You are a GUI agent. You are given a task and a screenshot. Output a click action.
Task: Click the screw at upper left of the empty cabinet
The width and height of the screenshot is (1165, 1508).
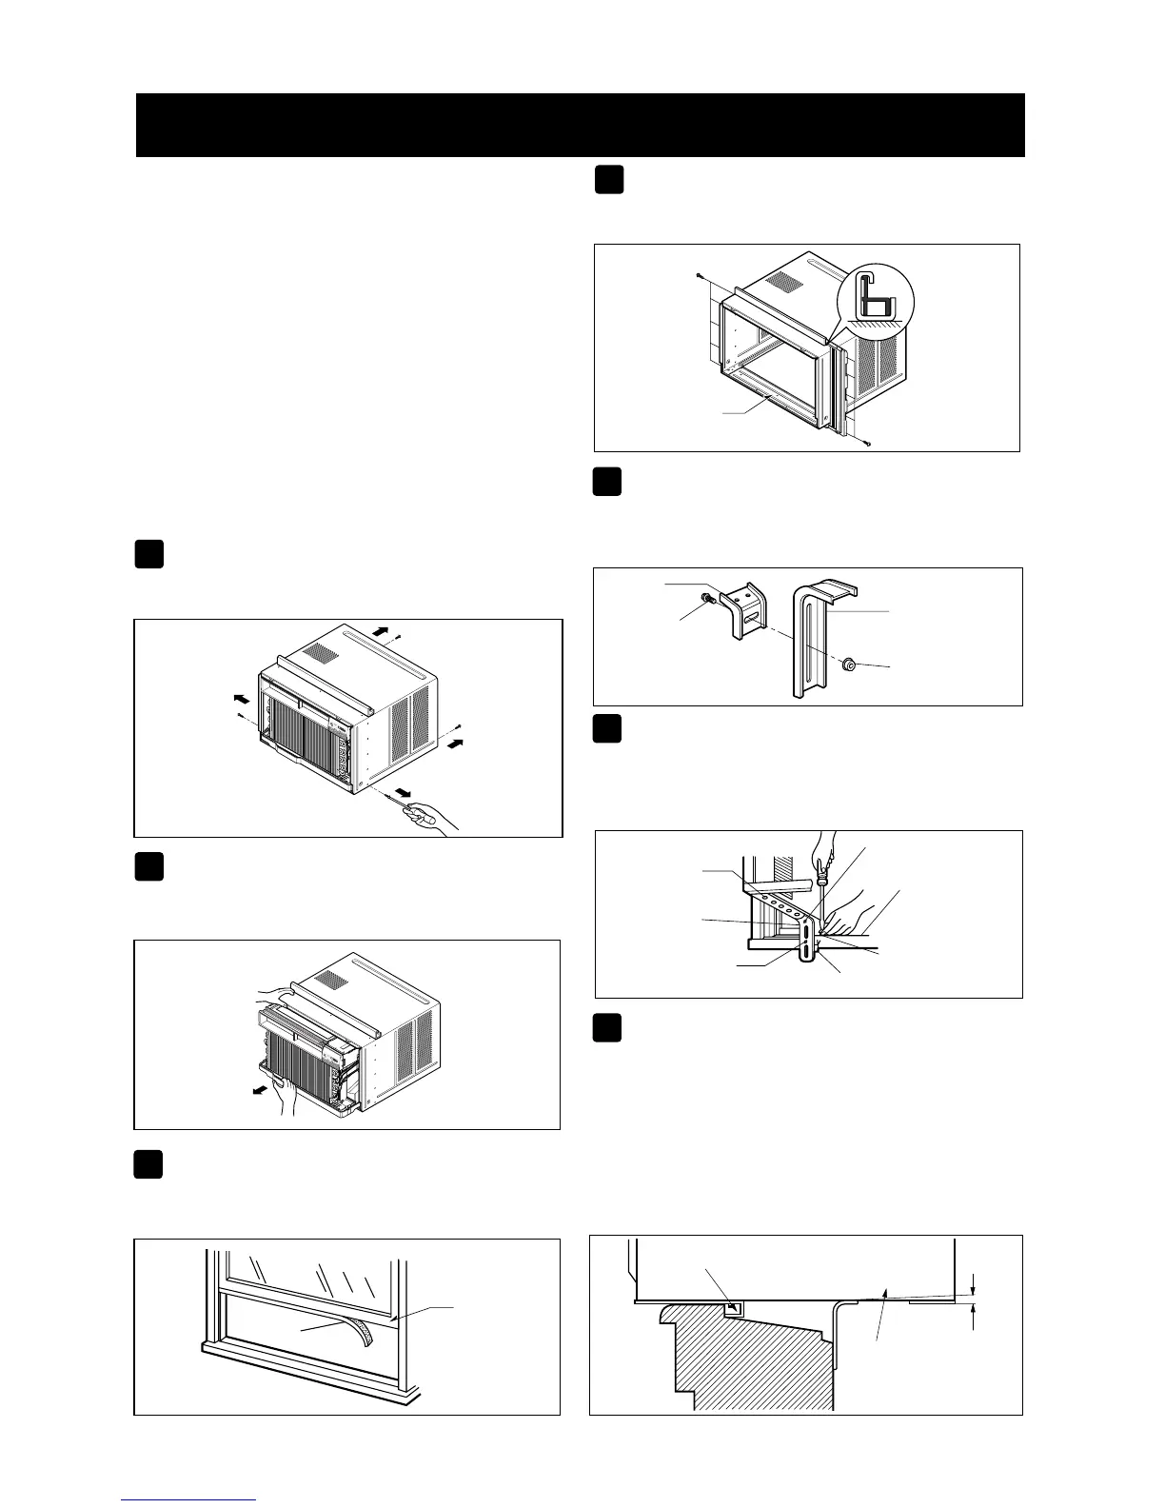(699, 276)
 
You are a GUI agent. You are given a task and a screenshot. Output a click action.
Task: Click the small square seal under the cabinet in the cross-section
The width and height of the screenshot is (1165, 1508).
(732, 1310)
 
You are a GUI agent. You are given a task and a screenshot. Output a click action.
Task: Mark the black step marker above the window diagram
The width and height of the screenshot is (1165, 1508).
(148, 1164)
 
